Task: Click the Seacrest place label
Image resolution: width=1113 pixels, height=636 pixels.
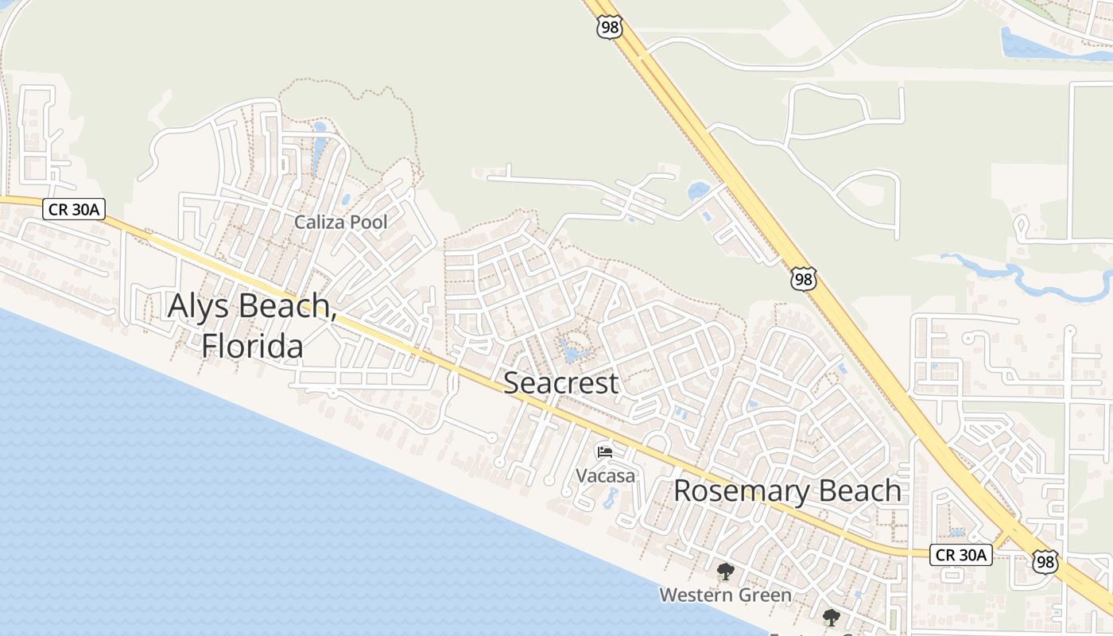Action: pos(560,383)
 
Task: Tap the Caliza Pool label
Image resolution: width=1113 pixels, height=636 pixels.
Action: pos(341,223)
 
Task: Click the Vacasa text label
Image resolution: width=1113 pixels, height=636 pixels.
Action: pos(606,476)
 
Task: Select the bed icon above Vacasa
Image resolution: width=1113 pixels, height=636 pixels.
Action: pos(605,452)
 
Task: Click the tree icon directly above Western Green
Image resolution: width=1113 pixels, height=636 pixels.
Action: pos(725,571)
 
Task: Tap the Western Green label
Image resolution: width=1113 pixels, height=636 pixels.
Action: pos(725,595)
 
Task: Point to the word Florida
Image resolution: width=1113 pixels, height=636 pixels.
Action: pos(252,347)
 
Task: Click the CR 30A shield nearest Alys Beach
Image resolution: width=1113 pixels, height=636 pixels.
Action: pos(74,209)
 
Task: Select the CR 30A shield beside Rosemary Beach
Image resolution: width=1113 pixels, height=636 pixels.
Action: pos(960,555)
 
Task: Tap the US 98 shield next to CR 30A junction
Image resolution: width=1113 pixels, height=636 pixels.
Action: pos(1045,561)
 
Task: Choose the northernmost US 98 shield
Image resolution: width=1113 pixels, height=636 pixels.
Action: pos(608,28)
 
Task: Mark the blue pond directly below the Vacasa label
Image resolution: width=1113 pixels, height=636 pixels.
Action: pos(610,498)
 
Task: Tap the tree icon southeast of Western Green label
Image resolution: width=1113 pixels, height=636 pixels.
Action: pos(831,617)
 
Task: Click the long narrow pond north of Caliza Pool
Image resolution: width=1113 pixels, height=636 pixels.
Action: pos(319,151)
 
